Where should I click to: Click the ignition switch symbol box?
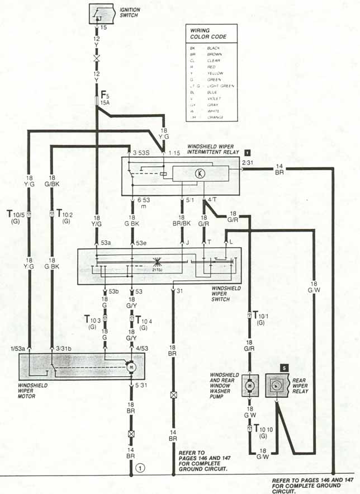click(x=101, y=13)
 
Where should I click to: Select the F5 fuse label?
click(x=105, y=95)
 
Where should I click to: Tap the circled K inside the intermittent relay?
click(x=197, y=173)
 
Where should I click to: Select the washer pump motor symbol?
click(x=249, y=385)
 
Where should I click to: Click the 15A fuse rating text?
click(x=105, y=103)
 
